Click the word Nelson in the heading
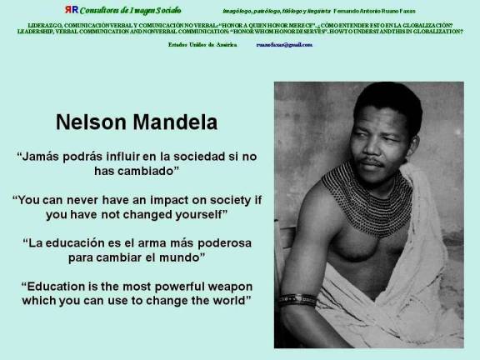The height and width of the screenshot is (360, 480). pos(91,122)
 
